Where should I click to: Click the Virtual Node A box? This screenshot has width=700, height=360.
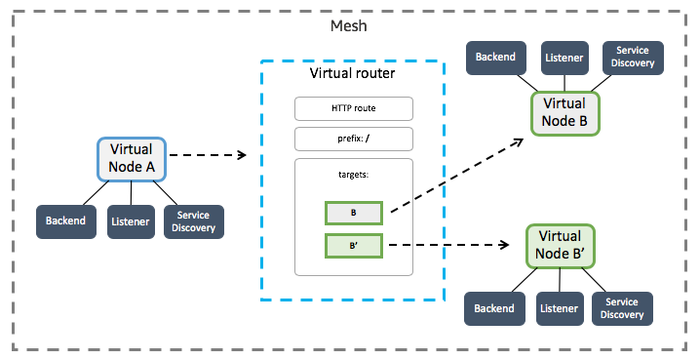[x=132, y=159]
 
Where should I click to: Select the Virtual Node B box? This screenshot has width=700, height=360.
[x=564, y=113]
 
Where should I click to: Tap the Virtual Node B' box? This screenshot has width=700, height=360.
[x=560, y=246]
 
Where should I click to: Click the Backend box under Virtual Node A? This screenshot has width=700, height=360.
[x=66, y=221]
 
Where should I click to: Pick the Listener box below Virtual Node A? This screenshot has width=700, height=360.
[x=131, y=221]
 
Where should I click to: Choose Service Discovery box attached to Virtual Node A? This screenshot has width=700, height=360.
[x=194, y=221]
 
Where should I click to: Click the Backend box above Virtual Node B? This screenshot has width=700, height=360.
[x=496, y=58]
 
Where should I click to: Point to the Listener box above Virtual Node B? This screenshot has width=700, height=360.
[x=564, y=58]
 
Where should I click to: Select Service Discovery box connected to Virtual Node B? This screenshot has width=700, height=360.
[x=633, y=58]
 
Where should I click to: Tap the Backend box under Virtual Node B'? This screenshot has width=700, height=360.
[x=494, y=308]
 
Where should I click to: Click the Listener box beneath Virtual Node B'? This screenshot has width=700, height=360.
[x=560, y=308]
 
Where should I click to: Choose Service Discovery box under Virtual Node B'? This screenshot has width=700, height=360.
[x=622, y=308]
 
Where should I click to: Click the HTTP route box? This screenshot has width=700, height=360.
[x=354, y=108]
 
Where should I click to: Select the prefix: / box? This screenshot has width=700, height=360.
[x=354, y=139]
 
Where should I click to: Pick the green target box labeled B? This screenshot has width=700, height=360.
[x=354, y=213]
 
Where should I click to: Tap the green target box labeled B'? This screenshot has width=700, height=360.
[x=354, y=246]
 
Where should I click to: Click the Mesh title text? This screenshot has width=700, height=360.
[x=349, y=26]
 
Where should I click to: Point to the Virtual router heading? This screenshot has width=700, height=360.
[x=352, y=73]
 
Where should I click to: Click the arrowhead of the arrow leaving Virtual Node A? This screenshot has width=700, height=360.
[x=243, y=155]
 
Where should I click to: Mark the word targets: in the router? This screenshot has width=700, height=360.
[x=354, y=175]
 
